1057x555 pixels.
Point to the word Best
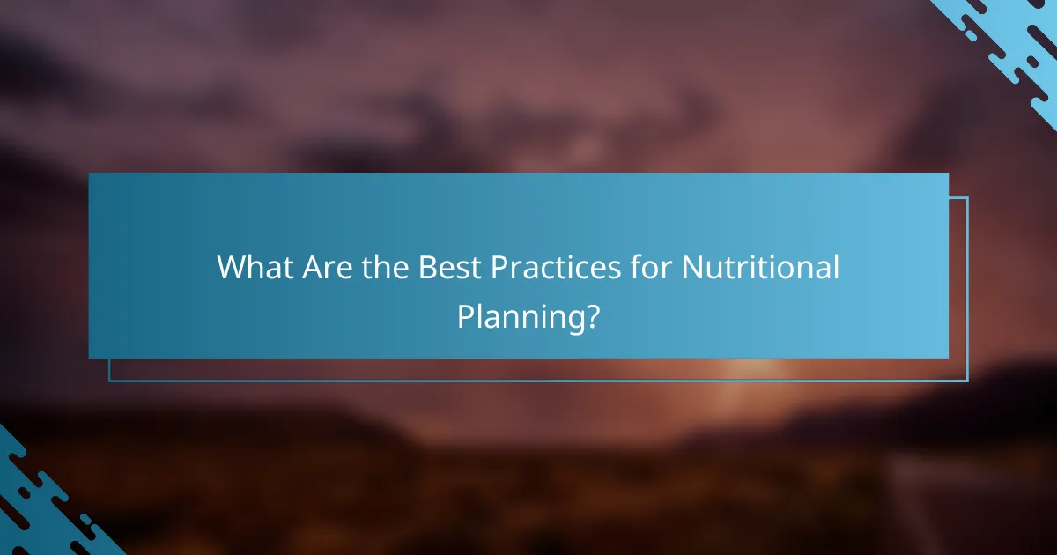pos(450,267)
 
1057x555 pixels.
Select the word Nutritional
pos(761,267)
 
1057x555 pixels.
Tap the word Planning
pos(520,316)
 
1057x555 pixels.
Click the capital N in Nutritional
pos(693,267)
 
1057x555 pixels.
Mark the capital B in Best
pos(427,267)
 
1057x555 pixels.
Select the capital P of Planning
pos(466,315)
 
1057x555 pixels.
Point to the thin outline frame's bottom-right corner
pos(967,381)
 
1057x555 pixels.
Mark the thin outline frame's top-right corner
pos(967,198)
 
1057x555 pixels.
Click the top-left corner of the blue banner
pos(90,174)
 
